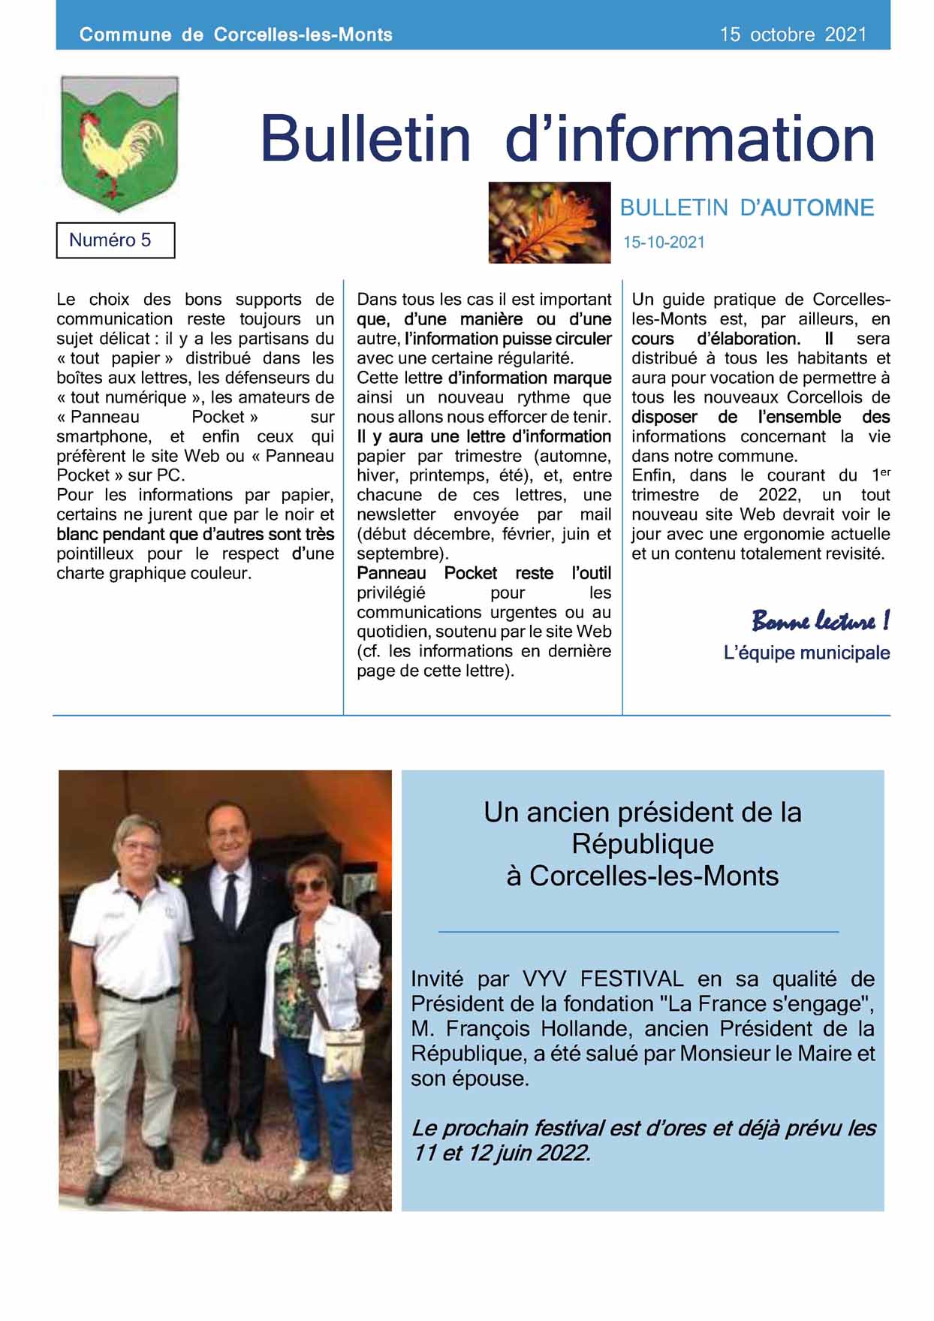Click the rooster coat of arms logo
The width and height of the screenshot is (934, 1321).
coord(119,143)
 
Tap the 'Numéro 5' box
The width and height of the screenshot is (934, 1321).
coord(115,240)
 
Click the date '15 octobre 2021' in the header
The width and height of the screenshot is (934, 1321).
coord(793,35)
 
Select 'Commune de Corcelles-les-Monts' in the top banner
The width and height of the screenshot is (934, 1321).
coord(236,35)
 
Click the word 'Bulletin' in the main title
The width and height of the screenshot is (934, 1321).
coord(365,139)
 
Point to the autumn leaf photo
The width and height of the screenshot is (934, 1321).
coord(549,222)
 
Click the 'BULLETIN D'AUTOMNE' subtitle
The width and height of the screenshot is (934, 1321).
coord(746,208)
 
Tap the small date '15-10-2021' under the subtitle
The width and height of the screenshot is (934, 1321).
coord(664,243)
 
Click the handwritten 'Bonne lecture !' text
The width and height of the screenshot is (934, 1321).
coord(820,621)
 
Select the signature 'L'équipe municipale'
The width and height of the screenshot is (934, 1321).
coord(806,653)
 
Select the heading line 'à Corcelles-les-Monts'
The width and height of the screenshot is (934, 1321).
coord(643,876)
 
